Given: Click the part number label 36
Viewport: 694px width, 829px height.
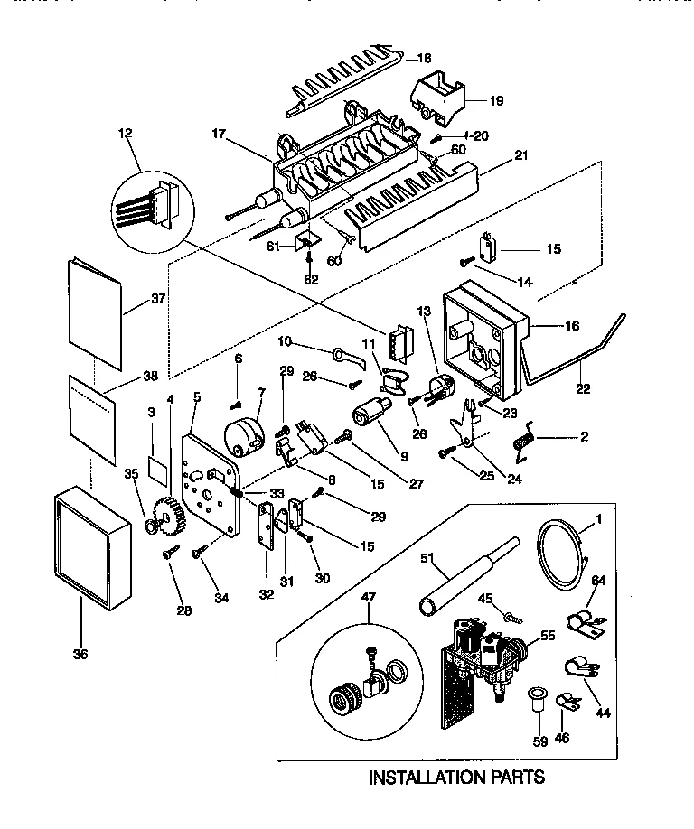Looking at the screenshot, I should pos(80,654).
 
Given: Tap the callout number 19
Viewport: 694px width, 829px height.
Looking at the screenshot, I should pos(496,100).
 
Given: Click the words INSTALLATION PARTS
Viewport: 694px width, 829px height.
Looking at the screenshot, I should pos(457,776).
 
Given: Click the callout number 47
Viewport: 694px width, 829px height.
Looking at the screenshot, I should pos(368,596).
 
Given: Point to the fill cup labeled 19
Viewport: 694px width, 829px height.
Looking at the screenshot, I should pos(439,96).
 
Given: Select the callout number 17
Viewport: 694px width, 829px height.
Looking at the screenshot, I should pos(218,135).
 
